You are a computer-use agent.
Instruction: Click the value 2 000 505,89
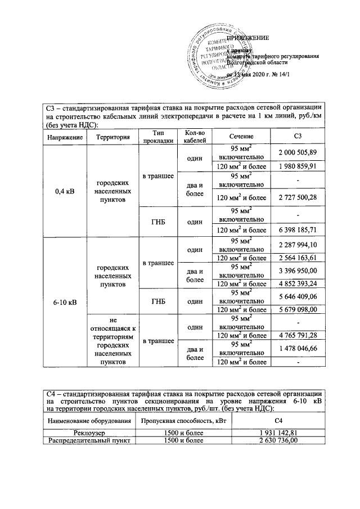tap(298, 153)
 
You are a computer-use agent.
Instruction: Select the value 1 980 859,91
tap(298, 166)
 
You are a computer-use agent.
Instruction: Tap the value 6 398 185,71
tap(298, 229)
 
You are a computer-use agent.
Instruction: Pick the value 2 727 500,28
tap(298, 197)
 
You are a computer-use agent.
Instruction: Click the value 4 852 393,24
tap(298, 283)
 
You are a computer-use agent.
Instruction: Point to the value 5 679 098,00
tap(298, 309)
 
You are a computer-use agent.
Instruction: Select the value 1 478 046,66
tap(298, 349)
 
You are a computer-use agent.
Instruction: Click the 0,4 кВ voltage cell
tap(65, 191)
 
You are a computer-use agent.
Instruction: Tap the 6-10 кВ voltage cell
tap(65, 302)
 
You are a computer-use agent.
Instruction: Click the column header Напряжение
tap(65, 137)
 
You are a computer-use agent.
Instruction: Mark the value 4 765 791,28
tap(298, 336)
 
